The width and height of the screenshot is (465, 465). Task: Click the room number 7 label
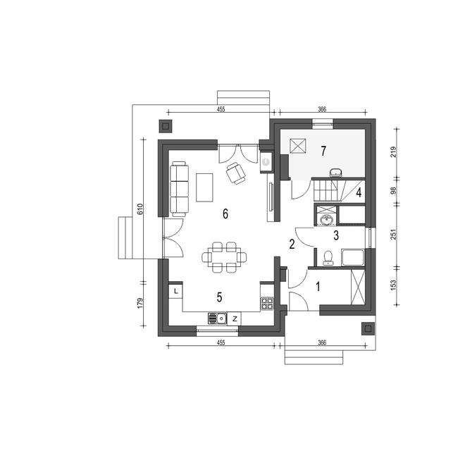[x=323, y=151]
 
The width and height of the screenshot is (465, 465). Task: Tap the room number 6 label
[x=225, y=213]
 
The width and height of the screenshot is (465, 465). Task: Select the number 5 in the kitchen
[x=219, y=297]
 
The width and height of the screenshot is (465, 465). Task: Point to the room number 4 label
[x=359, y=193]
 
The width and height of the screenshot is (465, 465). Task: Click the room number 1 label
[x=318, y=287]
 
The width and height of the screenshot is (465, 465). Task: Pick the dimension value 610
[x=140, y=209]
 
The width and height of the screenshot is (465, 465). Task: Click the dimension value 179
[x=140, y=303]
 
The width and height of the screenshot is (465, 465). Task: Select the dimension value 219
[x=394, y=152]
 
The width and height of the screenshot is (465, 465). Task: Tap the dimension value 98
[x=394, y=190]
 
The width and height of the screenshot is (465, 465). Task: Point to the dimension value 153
[x=394, y=285]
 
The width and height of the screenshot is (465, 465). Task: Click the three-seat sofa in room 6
[x=180, y=189]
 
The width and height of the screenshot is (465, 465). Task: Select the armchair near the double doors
[x=236, y=173]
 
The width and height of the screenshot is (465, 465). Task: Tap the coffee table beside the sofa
[x=204, y=187]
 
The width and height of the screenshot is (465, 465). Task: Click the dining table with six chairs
[x=224, y=257]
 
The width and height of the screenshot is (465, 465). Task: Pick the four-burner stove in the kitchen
[x=267, y=304]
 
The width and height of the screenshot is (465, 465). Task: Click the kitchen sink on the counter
[x=218, y=318]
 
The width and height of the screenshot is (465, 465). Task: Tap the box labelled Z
[x=235, y=318]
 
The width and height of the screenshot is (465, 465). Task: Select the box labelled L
[x=176, y=292]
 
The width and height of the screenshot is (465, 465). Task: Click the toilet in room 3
[x=328, y=258]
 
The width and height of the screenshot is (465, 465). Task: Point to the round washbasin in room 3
[x=326, y=220]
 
